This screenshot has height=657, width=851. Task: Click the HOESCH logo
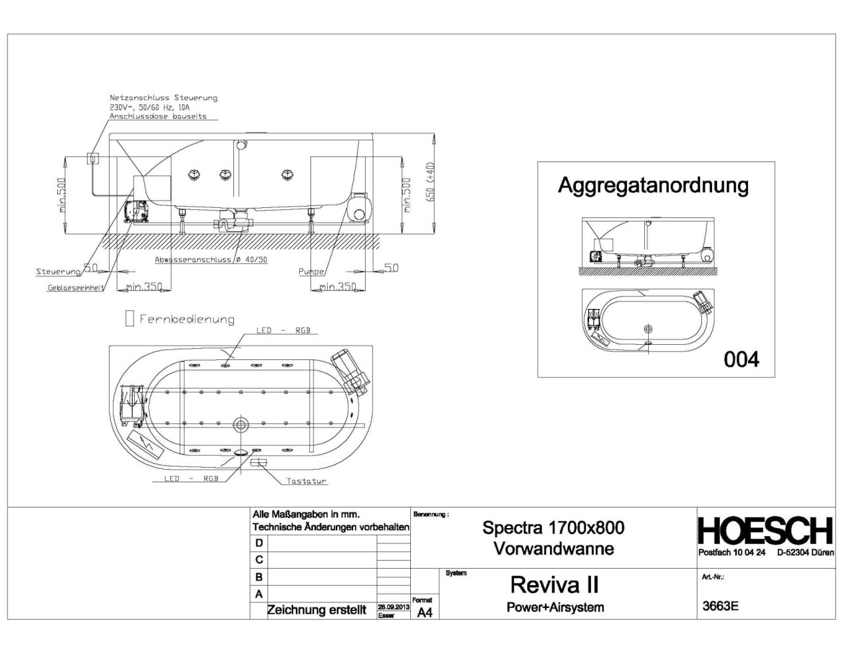[765, 531]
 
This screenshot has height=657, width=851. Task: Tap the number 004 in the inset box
[741, 359]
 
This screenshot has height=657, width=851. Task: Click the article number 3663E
[720, 606]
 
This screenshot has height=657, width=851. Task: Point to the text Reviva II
[554, 585]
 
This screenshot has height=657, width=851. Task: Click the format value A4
[424, 612]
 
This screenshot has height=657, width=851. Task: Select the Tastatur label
[306, 481]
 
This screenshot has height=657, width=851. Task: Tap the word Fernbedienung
[187, 320]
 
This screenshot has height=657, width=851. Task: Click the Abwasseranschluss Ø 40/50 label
[211, 260]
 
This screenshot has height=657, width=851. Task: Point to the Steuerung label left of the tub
[58, 272]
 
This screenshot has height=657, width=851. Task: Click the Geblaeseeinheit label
[74, 288]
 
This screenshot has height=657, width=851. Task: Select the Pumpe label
[311, 272]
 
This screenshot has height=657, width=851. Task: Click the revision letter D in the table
[259, 543]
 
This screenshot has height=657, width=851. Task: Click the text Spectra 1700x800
[553, 527]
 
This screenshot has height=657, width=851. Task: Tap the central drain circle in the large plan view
[241, 424]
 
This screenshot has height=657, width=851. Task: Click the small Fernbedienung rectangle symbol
[130, 319]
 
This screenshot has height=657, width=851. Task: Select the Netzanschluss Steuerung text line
[164, 98]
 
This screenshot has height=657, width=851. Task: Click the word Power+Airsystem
[554, 607]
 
